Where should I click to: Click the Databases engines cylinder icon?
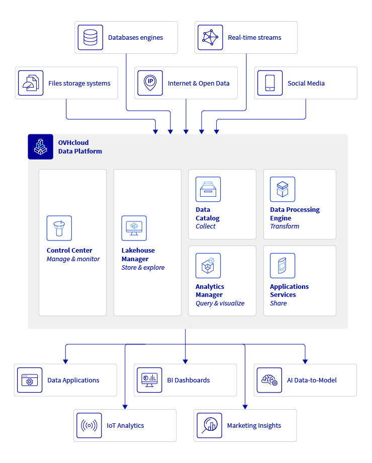point(90,38)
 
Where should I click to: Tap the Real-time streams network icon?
point(210,38)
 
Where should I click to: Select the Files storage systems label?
point(79,84)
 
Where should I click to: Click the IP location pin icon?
point(150,83)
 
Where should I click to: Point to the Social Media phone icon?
point(270,83)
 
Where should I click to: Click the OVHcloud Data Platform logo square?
point(40,146)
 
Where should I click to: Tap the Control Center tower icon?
point(59,228)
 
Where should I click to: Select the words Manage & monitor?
point(73,259)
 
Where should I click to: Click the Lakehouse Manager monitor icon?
point(134,228)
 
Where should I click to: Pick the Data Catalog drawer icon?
point(208,189)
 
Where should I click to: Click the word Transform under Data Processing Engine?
point(285,226)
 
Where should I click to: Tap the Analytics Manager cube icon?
point(208,266)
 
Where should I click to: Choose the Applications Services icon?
point(283,266)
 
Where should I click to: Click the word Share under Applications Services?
point(278,303)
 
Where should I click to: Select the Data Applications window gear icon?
point(30,380)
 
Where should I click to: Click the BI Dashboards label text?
point(189,380)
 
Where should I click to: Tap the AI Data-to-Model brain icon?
point(269,380)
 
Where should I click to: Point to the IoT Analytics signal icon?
point(89,425)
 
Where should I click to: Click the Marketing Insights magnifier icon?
point(209,425)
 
